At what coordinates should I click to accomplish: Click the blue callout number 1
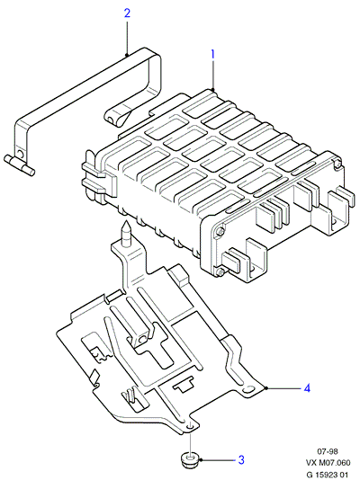click(x=212, y=55)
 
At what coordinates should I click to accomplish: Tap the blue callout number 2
click(x=127, y=13)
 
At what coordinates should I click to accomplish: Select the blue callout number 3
click(x=241, y=459)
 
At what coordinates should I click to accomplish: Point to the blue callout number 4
click(x=307, y=388)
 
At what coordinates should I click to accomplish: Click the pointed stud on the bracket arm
click(x=126, y=234)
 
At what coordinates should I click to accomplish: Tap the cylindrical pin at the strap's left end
click(x=19, y=165)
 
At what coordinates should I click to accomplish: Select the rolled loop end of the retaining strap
click(x=115, y=117)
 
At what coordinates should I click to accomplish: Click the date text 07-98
click(x=328, y=451)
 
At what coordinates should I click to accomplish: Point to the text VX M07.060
click(x=328, y=462)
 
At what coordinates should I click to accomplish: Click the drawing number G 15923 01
click(x=328, y=475)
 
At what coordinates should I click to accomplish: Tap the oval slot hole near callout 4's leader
click(x=248, y=389)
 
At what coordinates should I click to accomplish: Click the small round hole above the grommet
click(x=190, y=426)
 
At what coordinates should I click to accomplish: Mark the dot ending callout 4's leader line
click(x=267, y=388)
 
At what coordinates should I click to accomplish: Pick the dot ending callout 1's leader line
click(x=212, y=89)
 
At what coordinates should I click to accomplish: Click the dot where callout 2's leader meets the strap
click(x=127, y=55)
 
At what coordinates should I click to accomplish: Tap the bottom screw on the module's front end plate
click(x=219, y=271)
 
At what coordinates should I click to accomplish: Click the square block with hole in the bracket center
click(x=141, y=339)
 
